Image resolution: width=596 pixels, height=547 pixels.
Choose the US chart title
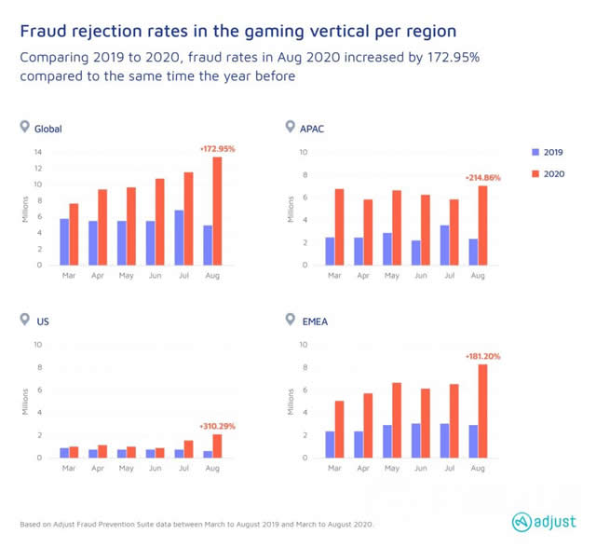[x=42, y=321]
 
